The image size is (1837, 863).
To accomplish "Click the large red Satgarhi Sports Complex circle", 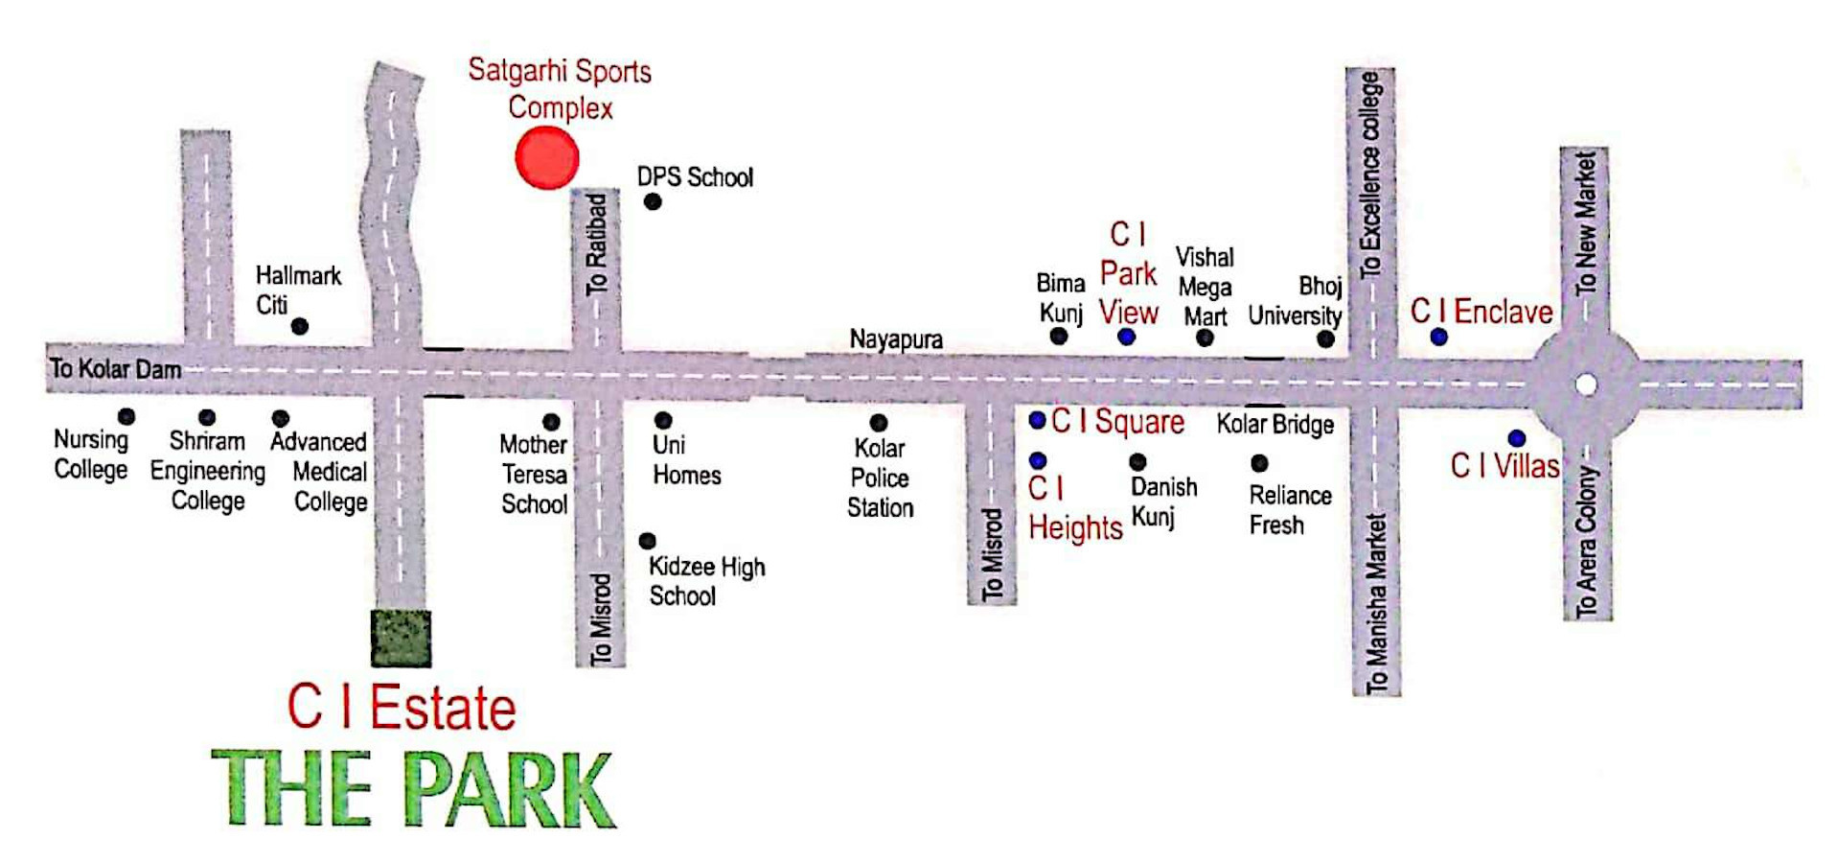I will [x=546, y=158].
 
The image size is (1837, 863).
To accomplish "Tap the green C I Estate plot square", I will [x=401, y=638].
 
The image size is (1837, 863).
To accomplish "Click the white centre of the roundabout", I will [x=1586, y=385].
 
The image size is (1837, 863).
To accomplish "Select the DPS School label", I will [x=695, y=177].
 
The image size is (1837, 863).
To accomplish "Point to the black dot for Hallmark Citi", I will [x=300, y=326].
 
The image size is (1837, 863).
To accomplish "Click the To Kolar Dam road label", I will [x=115, y=368].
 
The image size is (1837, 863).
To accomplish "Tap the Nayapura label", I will [x=896, y=339].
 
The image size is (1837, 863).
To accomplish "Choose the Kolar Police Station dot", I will [x=878, y=423].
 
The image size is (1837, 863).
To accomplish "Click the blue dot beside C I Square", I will [x=1037, y=420].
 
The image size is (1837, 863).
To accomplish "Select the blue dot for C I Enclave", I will [x=1438, y=337].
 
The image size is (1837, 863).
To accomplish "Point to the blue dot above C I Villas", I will [x=1516, y=439].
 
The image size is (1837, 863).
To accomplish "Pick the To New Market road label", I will [x=1585, y=223].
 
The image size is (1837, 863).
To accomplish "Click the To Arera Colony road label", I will [x=1587, y=542].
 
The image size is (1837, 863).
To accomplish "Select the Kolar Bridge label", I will [x=1274, y=424].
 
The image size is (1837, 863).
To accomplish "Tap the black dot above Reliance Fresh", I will [x=1259, y=463].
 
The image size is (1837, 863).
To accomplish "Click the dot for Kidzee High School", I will [x=648, y=541].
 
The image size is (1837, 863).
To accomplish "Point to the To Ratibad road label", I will [x=596, y=245].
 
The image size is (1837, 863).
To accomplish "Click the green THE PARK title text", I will [x=412, y=788].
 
